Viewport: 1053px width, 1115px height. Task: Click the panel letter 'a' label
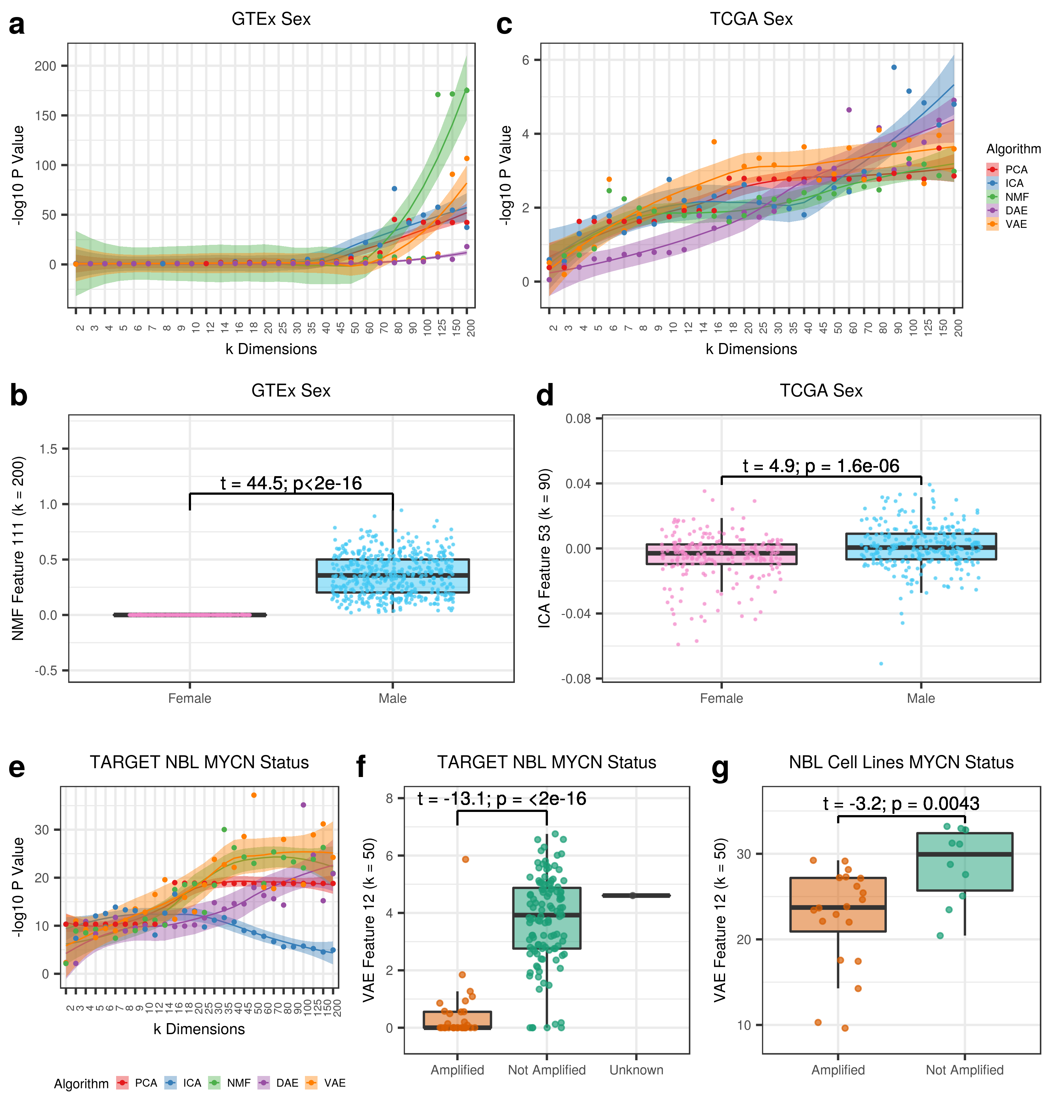tap(17, 25)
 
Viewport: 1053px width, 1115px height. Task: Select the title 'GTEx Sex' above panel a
tap(271, 19)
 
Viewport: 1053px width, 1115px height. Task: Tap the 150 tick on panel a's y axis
tap(45, 116)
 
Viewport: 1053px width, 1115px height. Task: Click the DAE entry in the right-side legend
tap(1016, 211)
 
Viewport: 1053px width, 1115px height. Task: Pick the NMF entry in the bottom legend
tap(238, 1083)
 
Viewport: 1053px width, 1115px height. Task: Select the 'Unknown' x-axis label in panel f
tap(636, 1070)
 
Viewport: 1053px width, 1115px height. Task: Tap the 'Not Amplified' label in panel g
tap(964, 1070)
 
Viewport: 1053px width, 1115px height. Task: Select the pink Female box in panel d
tap(721, 554)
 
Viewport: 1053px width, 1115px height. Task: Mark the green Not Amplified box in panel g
tap(964, 862)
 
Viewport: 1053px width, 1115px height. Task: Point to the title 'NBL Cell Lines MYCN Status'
tap(901, 763)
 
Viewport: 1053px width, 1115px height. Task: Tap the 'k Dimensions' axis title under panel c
tap(751, 349)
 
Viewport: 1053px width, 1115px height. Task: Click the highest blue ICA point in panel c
tap(893, 67)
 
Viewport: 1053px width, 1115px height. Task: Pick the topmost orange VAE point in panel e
tap(254, 795)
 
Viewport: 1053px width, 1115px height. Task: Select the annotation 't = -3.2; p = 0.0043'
tap(901, 804)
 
